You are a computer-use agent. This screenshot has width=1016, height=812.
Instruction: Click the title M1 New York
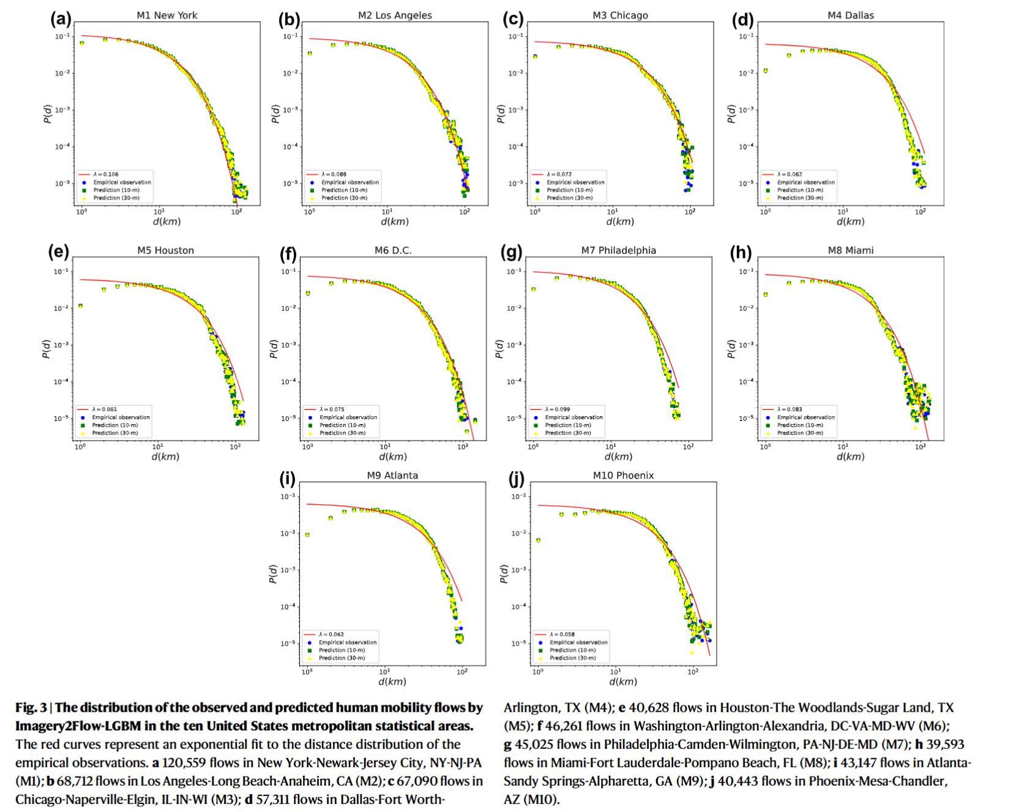[x=166, y=15]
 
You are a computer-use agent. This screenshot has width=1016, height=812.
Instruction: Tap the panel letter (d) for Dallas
[x=742, y=20]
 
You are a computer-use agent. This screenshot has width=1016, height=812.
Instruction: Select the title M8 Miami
[x=850, y=250]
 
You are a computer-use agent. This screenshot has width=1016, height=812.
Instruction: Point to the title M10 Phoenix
[x=623, y=475]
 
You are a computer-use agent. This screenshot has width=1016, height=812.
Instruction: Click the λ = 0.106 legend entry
[x=105, y=174]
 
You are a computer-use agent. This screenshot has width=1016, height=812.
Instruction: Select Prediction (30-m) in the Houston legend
[x=115, y=433]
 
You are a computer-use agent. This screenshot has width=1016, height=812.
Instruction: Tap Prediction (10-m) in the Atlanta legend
[x=342, y=650]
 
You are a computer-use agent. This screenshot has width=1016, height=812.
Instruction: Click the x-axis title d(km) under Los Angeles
[x=394, y=222]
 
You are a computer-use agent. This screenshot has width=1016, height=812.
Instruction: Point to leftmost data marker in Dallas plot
[x=766, y=71]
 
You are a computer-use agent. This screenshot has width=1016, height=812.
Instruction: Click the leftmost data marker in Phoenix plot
[x=538, y=540]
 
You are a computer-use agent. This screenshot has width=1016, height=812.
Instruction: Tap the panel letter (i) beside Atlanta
[x=287, y=479]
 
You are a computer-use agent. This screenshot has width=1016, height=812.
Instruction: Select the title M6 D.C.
[x=392, y=250]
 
